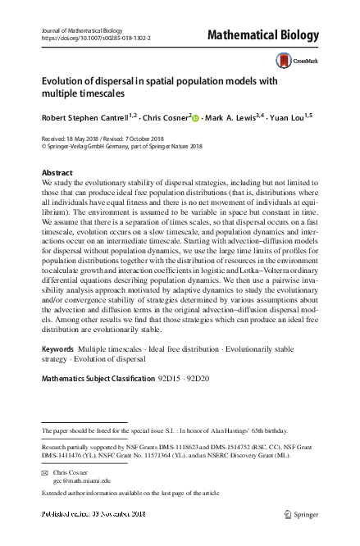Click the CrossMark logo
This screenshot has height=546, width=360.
click(291, 60)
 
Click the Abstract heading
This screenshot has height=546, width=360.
click(57, 173)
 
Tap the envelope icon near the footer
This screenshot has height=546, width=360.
click(45, 473)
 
